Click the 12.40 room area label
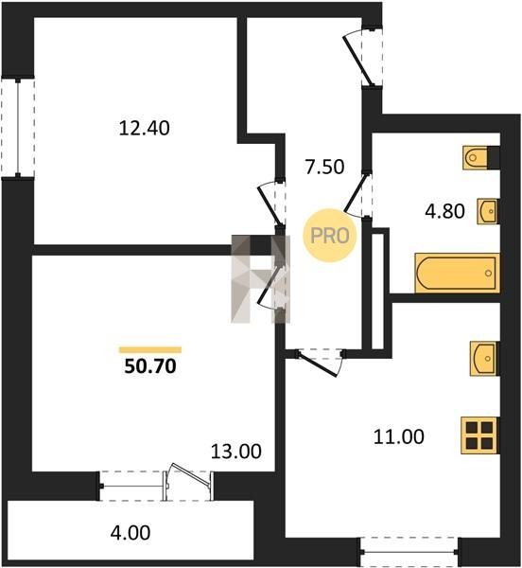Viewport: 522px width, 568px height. [x=144, y=128]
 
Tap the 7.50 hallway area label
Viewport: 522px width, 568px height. [x=324, y=167]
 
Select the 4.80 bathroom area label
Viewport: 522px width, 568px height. [x=444, y=211]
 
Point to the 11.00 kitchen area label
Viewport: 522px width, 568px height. [x=399, y=436]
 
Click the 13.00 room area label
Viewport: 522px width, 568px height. [x=235, y=452]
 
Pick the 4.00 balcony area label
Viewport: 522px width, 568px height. [x=130, y=533]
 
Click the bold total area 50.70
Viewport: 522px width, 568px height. [x=150, y=366]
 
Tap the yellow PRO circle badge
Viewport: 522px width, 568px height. [x=329, y=236]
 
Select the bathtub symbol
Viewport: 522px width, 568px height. [x=458, y=273]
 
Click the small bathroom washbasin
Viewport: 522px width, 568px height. [x=488, y=211]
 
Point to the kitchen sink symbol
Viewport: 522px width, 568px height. [x=485, y=358]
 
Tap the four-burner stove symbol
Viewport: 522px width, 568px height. [x=479, y=435]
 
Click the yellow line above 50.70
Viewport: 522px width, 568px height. [x=150, y=349]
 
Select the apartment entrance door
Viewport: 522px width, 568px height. [x=363, y=58]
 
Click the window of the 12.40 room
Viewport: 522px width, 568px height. [x=18, y=128]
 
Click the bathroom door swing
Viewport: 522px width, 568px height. [x=357, y=196]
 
